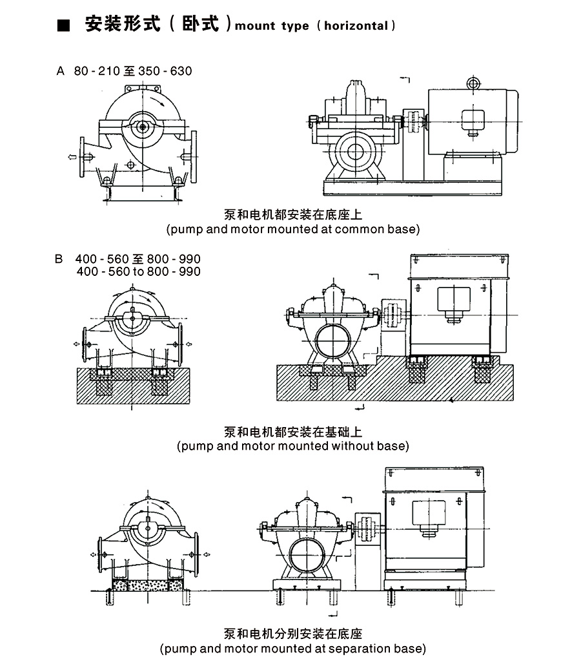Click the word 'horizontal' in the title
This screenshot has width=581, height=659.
click(356, 26)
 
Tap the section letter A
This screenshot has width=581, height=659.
click(61, 71)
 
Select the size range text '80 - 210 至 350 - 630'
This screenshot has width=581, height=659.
click(133, 71)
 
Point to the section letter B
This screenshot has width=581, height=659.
click(59, 260)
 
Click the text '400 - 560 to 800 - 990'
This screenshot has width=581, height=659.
click(138, 272)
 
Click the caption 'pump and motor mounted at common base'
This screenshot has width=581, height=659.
click(292, 229)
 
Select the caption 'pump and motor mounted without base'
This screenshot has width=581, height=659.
click(292, 446)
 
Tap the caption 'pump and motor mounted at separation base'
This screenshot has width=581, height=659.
click(292, 647)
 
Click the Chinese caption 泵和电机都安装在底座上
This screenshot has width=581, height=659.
click(292, 215)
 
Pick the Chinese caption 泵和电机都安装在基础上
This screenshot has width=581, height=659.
click(292, 432)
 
